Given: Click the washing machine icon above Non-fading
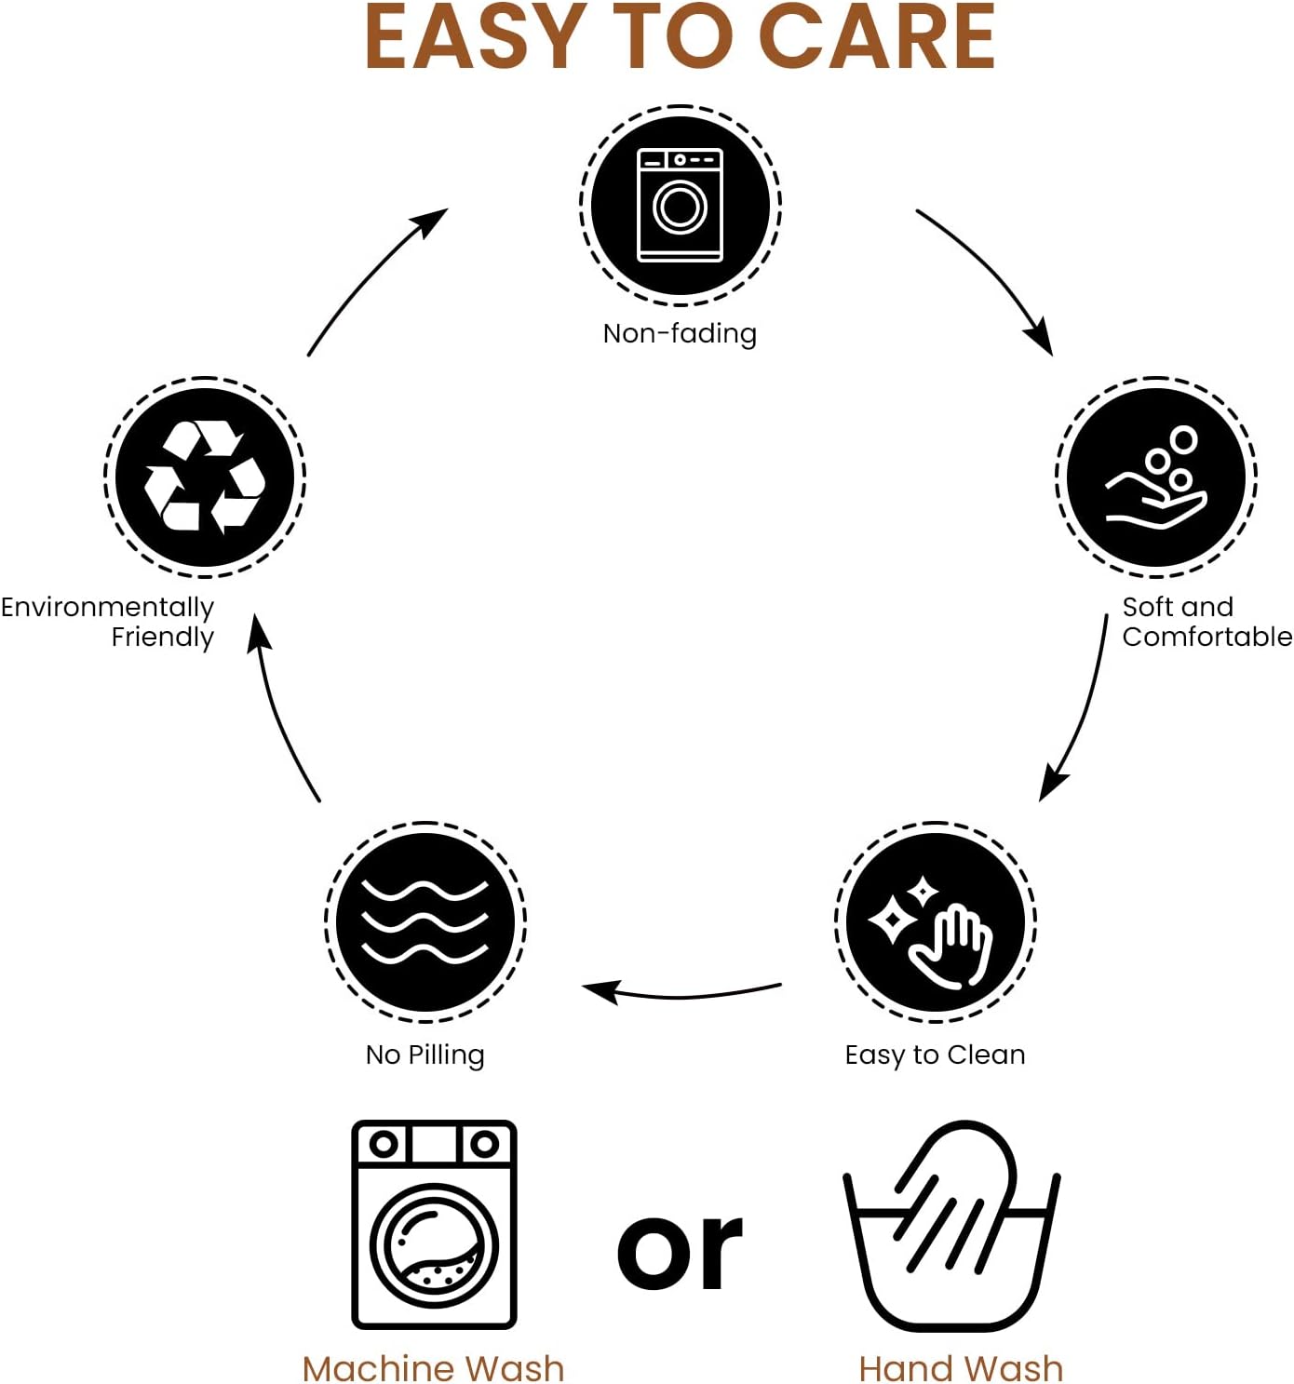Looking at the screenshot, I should (x=680, y=205).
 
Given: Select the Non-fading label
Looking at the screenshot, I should (x=680, y=333).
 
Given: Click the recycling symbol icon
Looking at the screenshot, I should (x=205, y=477).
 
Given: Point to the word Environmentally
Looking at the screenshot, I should (x=107, y=607).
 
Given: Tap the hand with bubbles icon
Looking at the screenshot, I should (x=1155, y=477).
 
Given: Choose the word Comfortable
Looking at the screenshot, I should (x=1206, y=637).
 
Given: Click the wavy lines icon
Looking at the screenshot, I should (x=425, y=921).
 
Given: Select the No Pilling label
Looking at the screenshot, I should (x=425, y=1055).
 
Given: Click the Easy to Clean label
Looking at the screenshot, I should (x=935, y=1055).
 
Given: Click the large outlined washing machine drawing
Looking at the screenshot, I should (x=434, y=1224).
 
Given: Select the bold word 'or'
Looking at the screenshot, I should (x=680, y=1252).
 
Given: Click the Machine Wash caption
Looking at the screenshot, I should (x=434, y=1368).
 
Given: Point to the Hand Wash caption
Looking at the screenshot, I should (x=961, y=1368).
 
